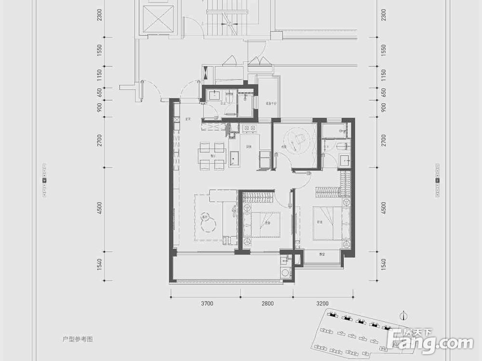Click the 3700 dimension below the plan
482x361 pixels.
(207, 304)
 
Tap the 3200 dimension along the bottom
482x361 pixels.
(322, 304)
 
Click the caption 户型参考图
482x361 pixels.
(78, 339)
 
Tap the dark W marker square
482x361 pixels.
(45, 180)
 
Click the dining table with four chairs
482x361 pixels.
(212, 156)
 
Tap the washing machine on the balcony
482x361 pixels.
(286, 272)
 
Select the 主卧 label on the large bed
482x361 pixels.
(319, 222)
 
